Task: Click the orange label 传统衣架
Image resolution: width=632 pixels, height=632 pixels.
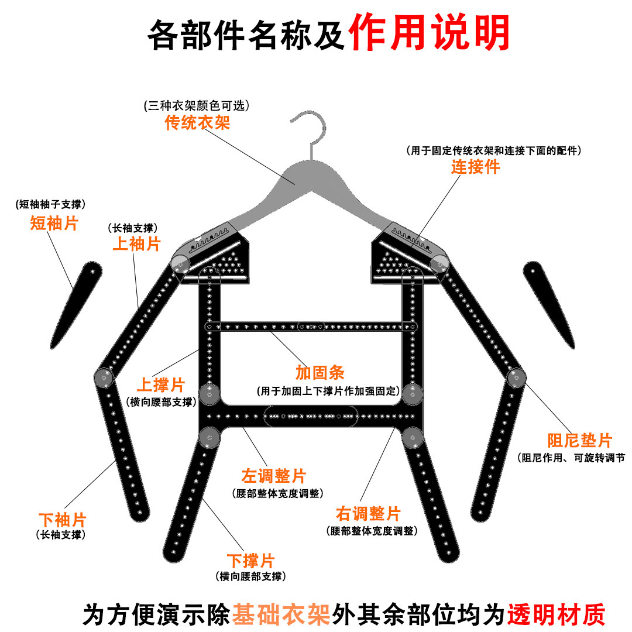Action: (197, 122)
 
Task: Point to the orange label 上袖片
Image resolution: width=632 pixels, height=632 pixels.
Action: (136, 243)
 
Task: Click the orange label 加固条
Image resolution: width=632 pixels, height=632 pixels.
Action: (320, 373)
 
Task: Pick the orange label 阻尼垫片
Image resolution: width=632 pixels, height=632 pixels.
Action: (579, 441)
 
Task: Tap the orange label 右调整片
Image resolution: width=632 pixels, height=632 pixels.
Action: (368, 514)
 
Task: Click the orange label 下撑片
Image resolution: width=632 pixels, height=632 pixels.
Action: (250, 560)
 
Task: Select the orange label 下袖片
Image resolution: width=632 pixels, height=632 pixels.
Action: (62, 520)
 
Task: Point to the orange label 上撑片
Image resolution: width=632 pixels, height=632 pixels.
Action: (160, 385)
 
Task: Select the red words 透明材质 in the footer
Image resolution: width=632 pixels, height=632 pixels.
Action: (556, 614)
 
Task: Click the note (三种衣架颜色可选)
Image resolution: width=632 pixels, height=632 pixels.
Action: (197, 106)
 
